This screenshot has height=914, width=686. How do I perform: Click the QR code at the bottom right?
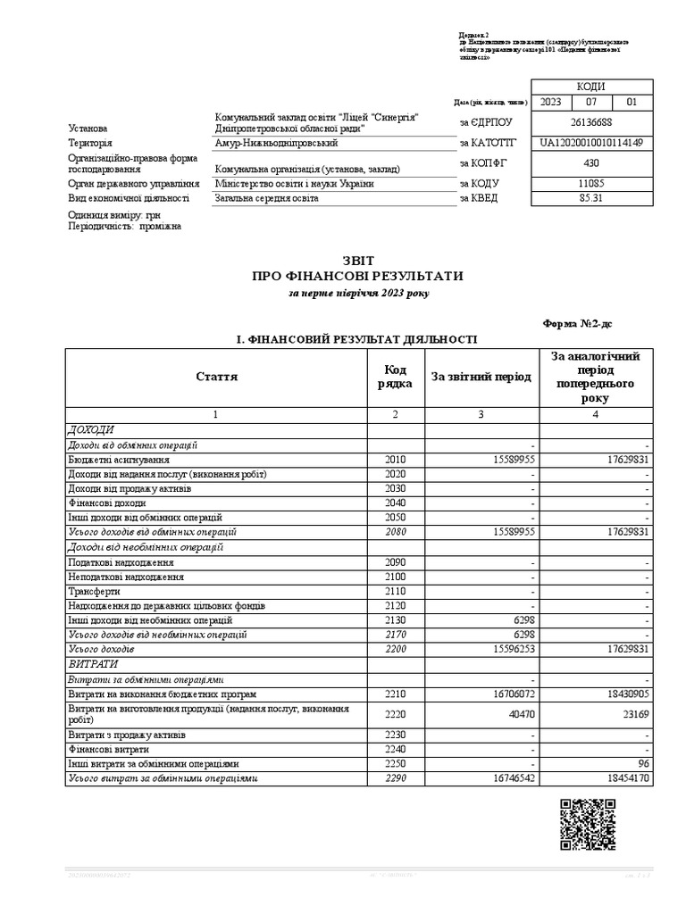(587, 824)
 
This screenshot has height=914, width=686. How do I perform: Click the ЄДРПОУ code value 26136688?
(590, 123)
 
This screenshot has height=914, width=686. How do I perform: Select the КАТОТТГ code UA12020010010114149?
(590, 143)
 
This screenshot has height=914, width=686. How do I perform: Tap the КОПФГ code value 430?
(590, 163)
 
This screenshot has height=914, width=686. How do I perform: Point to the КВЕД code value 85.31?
(590, 198)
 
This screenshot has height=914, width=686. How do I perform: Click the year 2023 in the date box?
(551, 103)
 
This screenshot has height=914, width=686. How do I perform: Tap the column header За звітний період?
(481, 377)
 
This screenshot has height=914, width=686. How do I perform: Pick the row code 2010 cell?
(396, 459)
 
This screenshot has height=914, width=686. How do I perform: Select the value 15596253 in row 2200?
(512, 648)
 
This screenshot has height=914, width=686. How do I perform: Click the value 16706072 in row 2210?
(512, 694)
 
